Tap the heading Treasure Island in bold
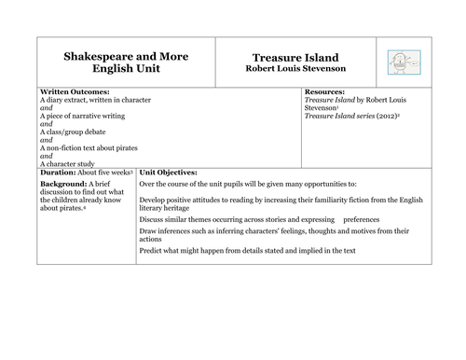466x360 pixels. pyautogui.click(x=295, y=57)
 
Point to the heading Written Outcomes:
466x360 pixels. pyautogui.click(x=75, y=92)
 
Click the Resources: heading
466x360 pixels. pyautogui.click(x=330, y=92)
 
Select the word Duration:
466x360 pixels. pyautogui.click(x=60, y=173)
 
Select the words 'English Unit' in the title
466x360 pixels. pyautogui.click(x=125, y=70)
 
